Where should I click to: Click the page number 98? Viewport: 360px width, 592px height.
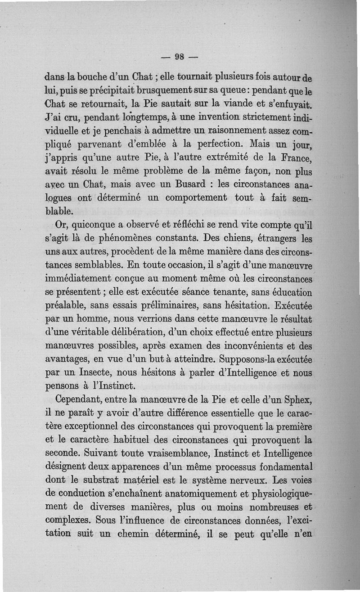coord(180,56)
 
